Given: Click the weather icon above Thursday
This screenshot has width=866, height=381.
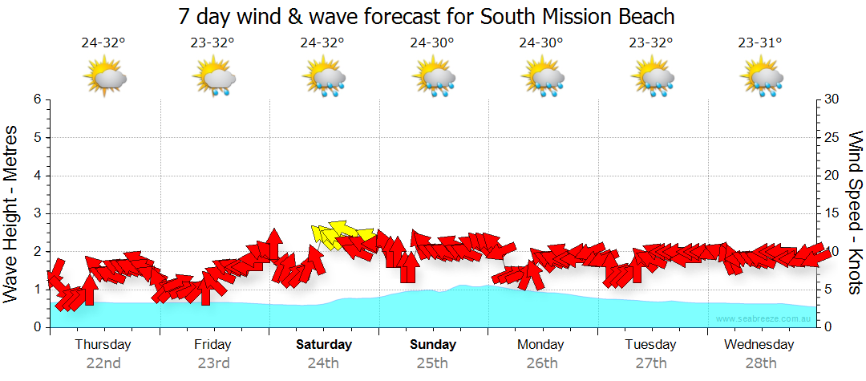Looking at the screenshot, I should coord(104,79).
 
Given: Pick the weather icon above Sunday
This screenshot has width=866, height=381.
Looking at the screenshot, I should coord(433,79).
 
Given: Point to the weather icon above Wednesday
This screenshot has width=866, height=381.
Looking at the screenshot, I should coord(761,79).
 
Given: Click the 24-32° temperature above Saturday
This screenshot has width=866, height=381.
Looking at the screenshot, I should coord(322,43).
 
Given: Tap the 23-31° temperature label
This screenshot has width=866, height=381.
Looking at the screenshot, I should coord(761,43).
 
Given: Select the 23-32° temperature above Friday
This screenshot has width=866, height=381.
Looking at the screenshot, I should coord(213,43).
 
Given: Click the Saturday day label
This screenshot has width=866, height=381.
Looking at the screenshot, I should coord(324,345).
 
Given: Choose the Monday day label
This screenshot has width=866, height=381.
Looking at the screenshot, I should coord(540,345).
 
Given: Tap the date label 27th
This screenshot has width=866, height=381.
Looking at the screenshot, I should coord(650,363).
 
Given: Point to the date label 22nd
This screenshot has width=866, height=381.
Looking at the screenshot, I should coord(103,363).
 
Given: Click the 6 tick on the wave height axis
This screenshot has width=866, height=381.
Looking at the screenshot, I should coord(37,99).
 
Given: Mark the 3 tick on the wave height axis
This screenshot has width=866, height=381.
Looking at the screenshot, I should coord(37,213).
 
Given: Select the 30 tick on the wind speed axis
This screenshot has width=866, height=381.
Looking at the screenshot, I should coord(832,99).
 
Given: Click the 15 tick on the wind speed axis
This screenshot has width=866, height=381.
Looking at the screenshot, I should coord(832,213).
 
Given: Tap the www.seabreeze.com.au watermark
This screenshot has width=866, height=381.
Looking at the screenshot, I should coord(764,318).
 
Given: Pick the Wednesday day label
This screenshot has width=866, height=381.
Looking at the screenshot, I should coord(759,345).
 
